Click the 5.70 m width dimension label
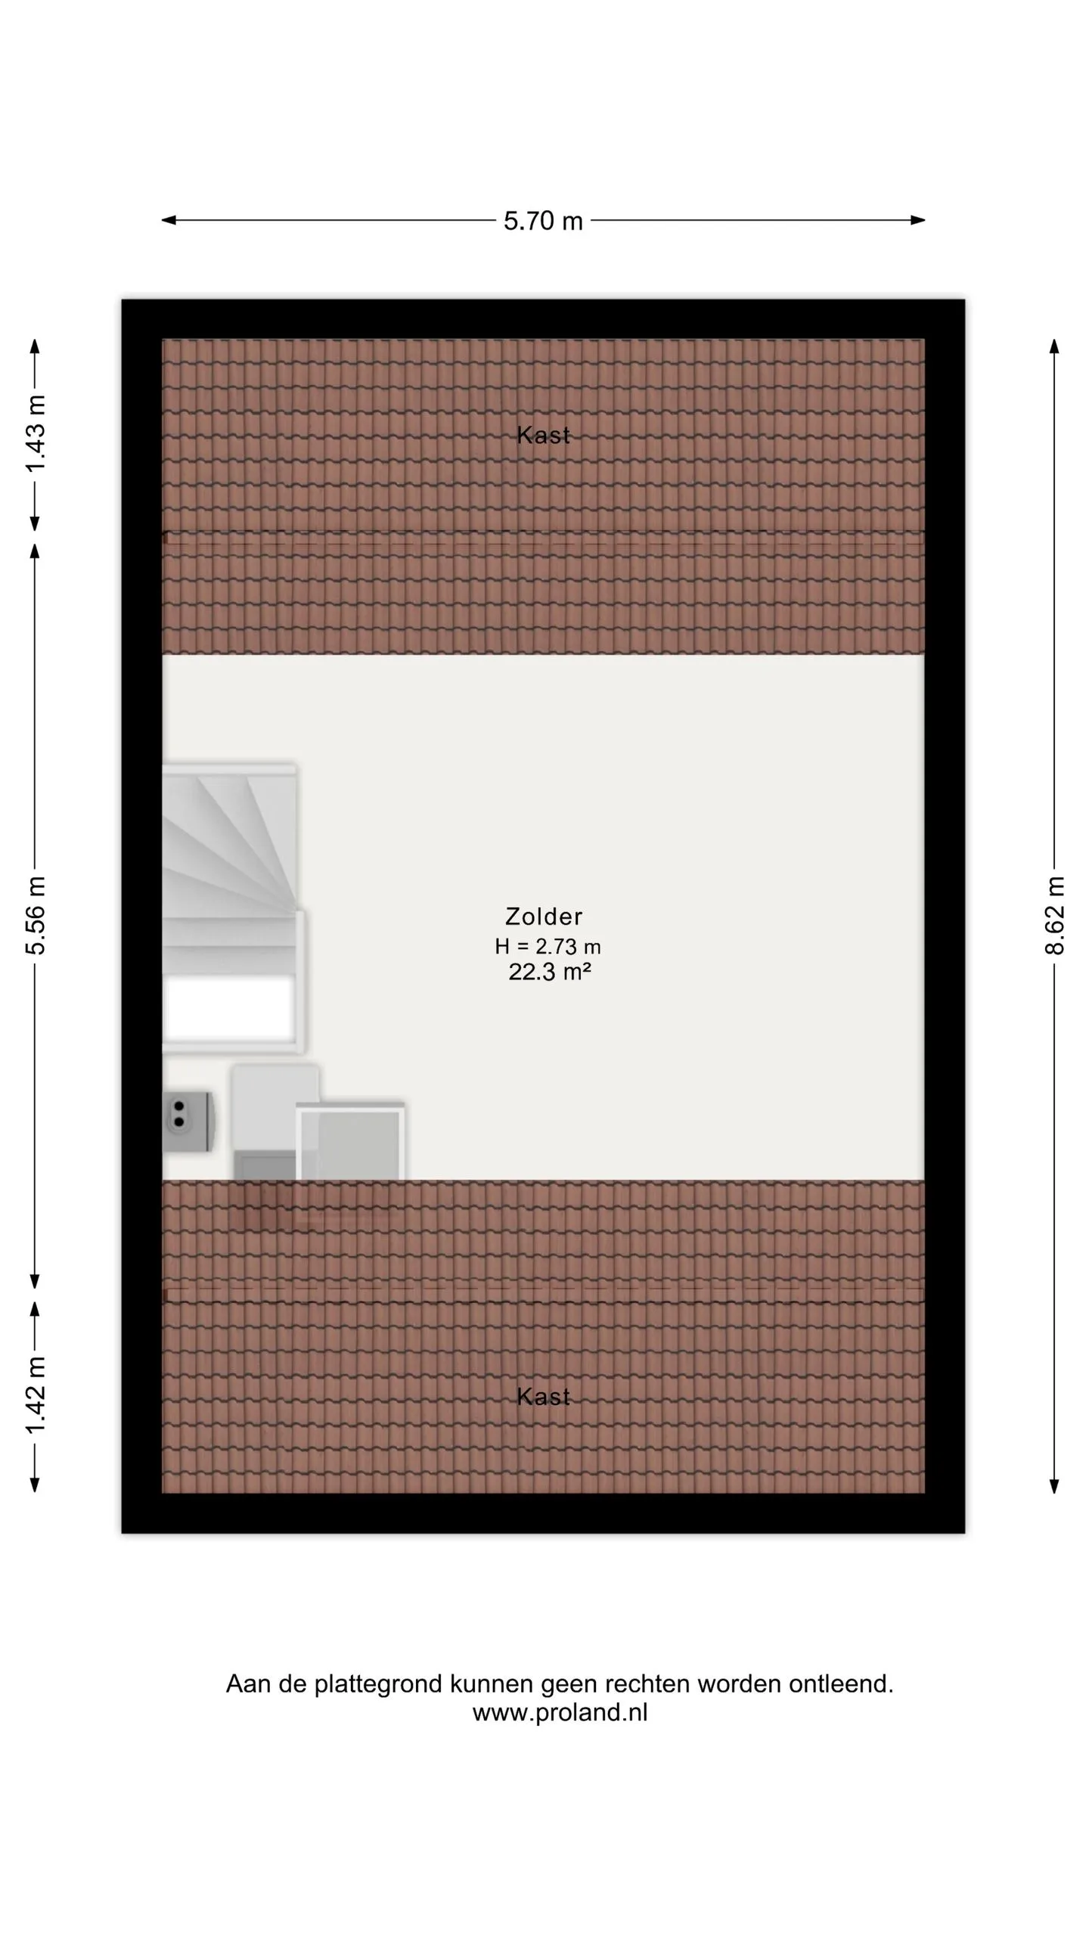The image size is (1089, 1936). click(x=543, y=221)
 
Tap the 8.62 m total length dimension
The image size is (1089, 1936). click(x=1055, y=915)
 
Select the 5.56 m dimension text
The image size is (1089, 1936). click(x=36, y=915)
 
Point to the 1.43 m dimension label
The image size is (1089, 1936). click(x=36, y=433)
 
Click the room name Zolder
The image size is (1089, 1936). click(x=544, y=917)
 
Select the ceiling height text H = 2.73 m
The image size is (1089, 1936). click(x=548, y=946)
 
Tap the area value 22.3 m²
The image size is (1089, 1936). click(x=549, y=972)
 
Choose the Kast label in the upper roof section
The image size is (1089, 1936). click(x=543, y=435)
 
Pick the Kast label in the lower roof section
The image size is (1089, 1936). click(x=543, y=1397)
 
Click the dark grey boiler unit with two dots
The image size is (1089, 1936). click(x=188, y=1121)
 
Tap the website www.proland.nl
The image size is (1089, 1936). click(x=560, y=1712)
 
